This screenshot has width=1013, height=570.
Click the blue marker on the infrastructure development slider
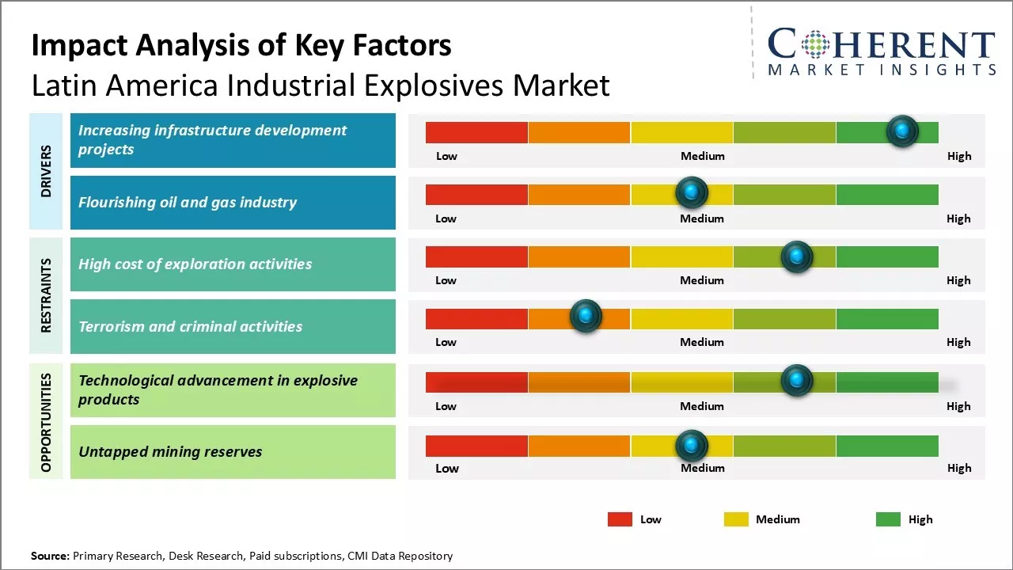pyautogui.click(x=902, y=131)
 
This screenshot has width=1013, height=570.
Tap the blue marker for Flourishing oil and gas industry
pyautogui.click(x=692, y=192)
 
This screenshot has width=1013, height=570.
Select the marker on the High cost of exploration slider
pyautogui.click(x=796, y=256)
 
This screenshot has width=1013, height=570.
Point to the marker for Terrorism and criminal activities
pyautogui.click(x=586, y=317)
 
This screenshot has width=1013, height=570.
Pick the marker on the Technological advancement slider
pyautogui.click(x=796, y=381)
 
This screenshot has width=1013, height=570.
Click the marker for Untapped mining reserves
pyautogui.click(x=692, y=446)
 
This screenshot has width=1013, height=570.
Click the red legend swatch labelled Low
pyautogui.click(x=620, y=519)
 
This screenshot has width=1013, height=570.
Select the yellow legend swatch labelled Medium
pyautogui.click(x=736, y=519)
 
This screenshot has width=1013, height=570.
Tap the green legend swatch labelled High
pyautogui.click(x=888, y=519)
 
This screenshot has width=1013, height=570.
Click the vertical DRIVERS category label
pyautogui.click(x=46, y=171)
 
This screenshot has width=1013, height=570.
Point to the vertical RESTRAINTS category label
pyautogui.click(x=46, y=295)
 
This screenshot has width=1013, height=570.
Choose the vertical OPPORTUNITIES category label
pyautogui.click(x=46, y=423)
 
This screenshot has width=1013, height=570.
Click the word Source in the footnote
pyautogui.click(x=50, y=556)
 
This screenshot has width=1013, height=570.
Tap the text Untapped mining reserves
pyautogui.click(x=170, y=452)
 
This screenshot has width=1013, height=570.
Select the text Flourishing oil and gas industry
pyautogui.click(x=188, y=202)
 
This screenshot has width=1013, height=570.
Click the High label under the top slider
pyautogui.click(x=958, y=156)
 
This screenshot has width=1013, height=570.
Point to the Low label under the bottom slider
pyautogui.click(x=446, y=468)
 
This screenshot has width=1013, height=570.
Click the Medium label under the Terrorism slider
pyautogui.click(x=702, y=342)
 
